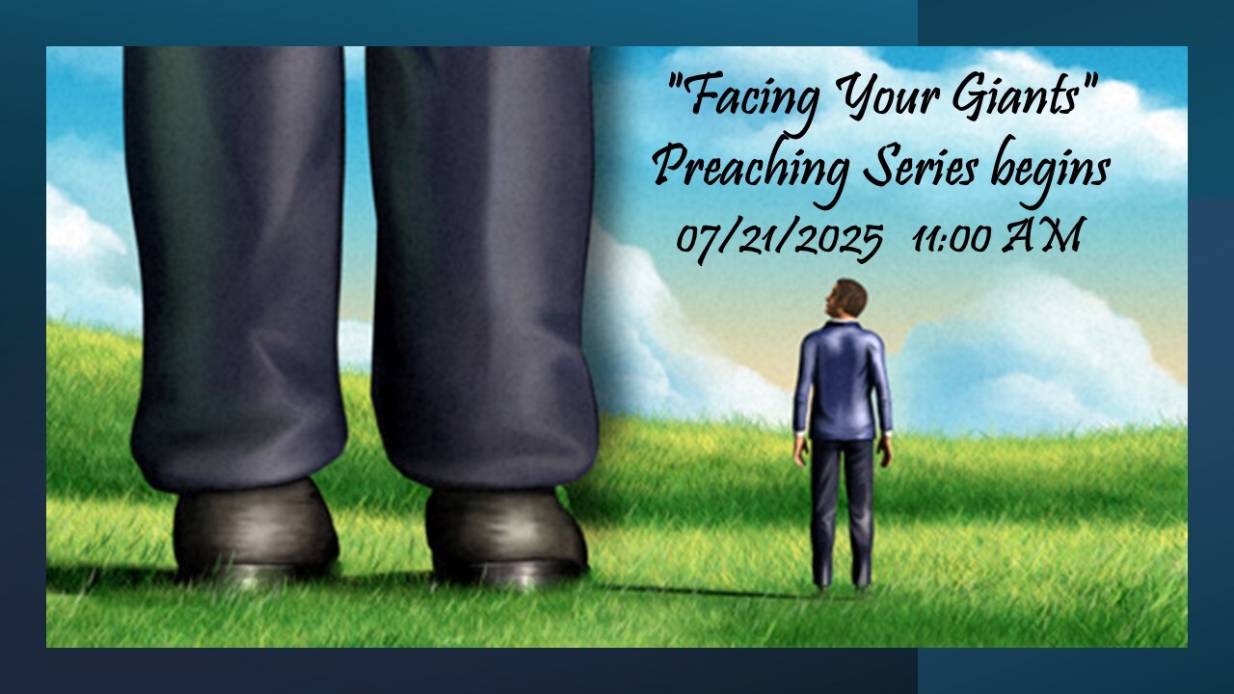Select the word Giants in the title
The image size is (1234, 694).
pyautogui.click(x=1017, y=94)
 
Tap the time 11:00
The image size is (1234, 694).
pyautogui.click(x=953, y=238)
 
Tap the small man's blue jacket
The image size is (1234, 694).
pyautogui.click(x=842, y=381)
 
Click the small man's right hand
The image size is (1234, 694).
pyautogui.click(x=885, y=450)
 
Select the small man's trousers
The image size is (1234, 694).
pyautogui.click(x=842, y=512)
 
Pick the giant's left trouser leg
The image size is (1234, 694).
pyautogui.click(x=237, y=270)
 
